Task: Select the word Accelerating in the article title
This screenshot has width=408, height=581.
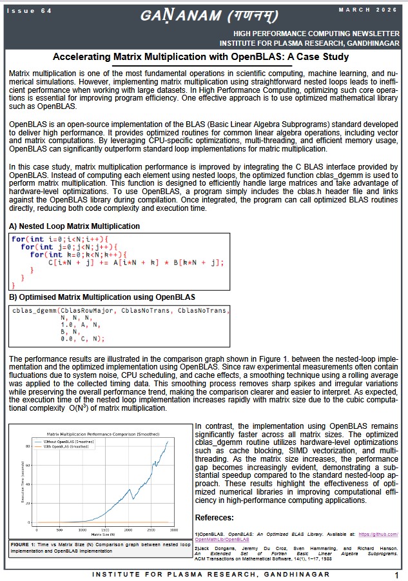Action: (x=86, y=57)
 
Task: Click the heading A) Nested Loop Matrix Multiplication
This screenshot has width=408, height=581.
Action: (x=74, y=226)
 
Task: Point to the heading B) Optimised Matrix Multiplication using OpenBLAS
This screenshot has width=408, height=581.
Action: (x=102, y=297)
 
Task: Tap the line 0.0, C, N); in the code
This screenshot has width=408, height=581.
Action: (x=81, y=338)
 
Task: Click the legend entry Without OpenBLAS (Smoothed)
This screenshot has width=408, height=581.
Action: (x=73, y=440)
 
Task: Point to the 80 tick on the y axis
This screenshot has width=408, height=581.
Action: (x=28, y=446)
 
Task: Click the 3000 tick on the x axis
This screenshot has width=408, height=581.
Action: (x=173, y=529)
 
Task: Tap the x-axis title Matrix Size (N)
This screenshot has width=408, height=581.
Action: (x=104, y=535)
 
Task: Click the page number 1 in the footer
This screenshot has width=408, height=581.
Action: (x=396, y=575)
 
